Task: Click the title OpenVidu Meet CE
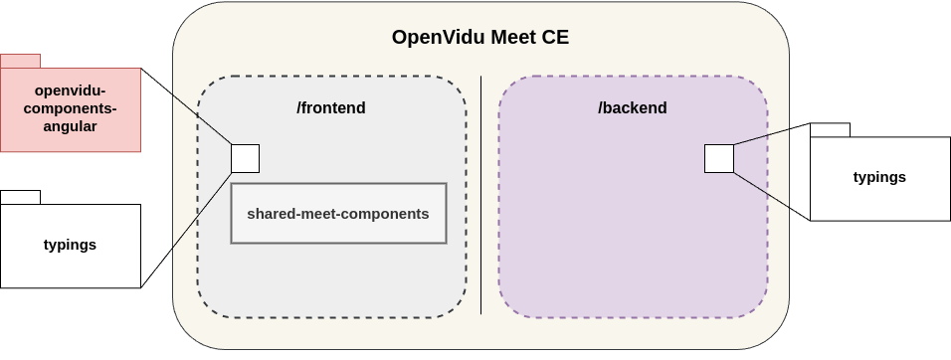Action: pos(479,38)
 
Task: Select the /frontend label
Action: pos(331,107)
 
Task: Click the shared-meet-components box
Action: pos(338,213)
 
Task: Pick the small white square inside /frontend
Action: pos(245,158)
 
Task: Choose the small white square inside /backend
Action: pos(718,158)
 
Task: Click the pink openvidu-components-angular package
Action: pos(70,109)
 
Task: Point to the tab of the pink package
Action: pos(20,61)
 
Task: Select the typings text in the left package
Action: pos(70,245)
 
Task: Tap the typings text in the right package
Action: pos(879,177)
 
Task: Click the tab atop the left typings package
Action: pos(20,197)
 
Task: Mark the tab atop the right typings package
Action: pos(830,129)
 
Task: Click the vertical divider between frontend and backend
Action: pos(481,199)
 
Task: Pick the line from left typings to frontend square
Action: pos(202,210)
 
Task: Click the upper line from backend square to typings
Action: pos(761,136)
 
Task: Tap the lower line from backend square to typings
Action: pos(761,190)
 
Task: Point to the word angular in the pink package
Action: pos(70,126)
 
